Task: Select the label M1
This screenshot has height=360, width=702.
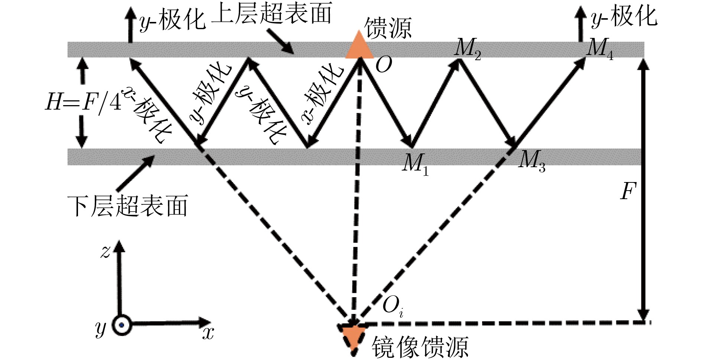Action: click(x=415, y=164)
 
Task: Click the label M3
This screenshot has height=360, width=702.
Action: click(x=532, y=160)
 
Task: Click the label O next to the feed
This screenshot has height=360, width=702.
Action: click(x=384, y=65)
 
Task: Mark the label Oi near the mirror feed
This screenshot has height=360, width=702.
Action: click(x=393, y=306)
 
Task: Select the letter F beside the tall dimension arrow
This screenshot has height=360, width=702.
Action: click(x=628, y=192)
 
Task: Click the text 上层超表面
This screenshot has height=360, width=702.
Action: click(x=272, y=14)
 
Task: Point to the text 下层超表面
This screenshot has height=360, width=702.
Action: click(x=128, y=206)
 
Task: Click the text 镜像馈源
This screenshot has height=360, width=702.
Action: click(x=420, y=347)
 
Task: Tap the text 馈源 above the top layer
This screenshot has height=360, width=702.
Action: click(x=388, y=27)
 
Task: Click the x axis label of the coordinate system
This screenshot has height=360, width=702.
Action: click(x=208, y=333)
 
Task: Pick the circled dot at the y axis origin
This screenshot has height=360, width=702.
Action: click(x=122, y=325)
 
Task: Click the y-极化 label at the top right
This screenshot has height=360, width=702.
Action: click(x=624, y=17)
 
